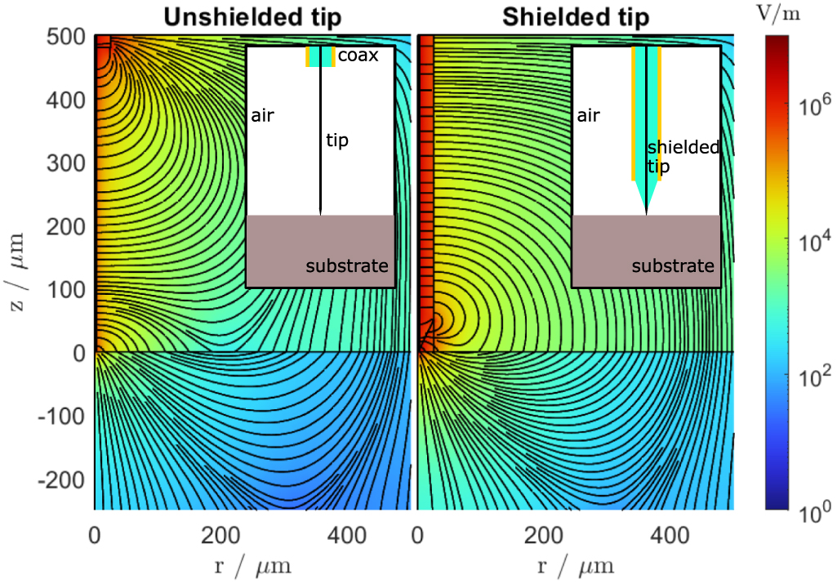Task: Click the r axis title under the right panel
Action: pyautogui.click(x=576, y=566)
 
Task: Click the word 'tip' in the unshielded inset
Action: pyautogui.click(x=337, y=140)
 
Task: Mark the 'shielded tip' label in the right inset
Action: pyautogui.click(x=683, y=157)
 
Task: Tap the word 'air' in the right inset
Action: pyautogui.click(x=588, y=115)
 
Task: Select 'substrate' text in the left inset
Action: pyautogui.click(x=347, y=266)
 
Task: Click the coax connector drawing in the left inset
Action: pyautogui.click(x=320, y=57)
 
